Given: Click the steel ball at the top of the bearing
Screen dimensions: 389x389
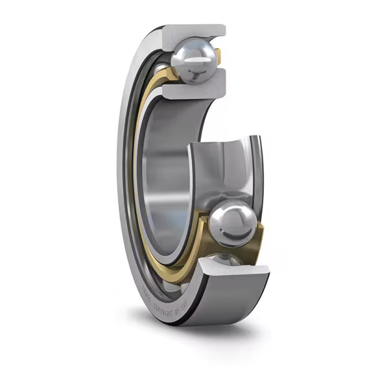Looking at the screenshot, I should pyautogui.click(x=193, y=60).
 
